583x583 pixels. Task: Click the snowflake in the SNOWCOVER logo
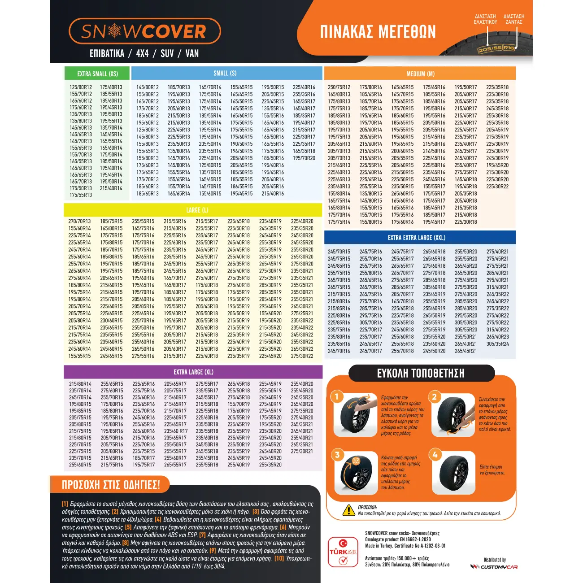pyautogui.click(x=115, y=31)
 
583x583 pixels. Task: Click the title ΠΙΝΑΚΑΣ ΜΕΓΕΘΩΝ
pyautogui.click(x=378, y=32)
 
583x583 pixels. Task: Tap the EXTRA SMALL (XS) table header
pyautogui.click(x=97, y=74)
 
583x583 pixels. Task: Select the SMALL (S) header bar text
pyautogui.click(x=225, y=73)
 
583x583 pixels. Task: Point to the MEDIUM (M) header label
pyautogui.click(x=420, y=74)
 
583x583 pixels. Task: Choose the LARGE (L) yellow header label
pyautogui.click(x=197, y=210)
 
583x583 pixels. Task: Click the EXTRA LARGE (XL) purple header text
pyautogui.click(x=193, y=372)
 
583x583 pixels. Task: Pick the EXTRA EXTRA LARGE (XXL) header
pyautogui.click(x=417, y=237)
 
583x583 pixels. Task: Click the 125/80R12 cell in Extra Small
pyautogui.click(x=81, y=87)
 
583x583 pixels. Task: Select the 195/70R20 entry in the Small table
pyautogui.click(x=304, y=158)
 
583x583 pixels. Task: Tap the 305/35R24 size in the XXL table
pyautogui.click(x=498, y=344)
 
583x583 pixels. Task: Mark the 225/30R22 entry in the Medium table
pyautogui.click(x=497, y=186)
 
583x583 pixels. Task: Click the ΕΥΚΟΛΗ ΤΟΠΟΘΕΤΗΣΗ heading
pyautogui.click(x=421, y=373)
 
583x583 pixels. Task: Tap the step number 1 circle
pyautogui.click(x=337, y=396)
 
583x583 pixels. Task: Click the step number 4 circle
pyautogui.click(x=435, y=455)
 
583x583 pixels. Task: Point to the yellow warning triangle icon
pyautogui.click(x=348, y=510)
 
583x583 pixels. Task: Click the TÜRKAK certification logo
pyautogui.click(x=343, y=551)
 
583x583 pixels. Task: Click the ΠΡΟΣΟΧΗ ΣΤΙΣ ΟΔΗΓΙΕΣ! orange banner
pyautogui.click(x=110, y=484)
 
